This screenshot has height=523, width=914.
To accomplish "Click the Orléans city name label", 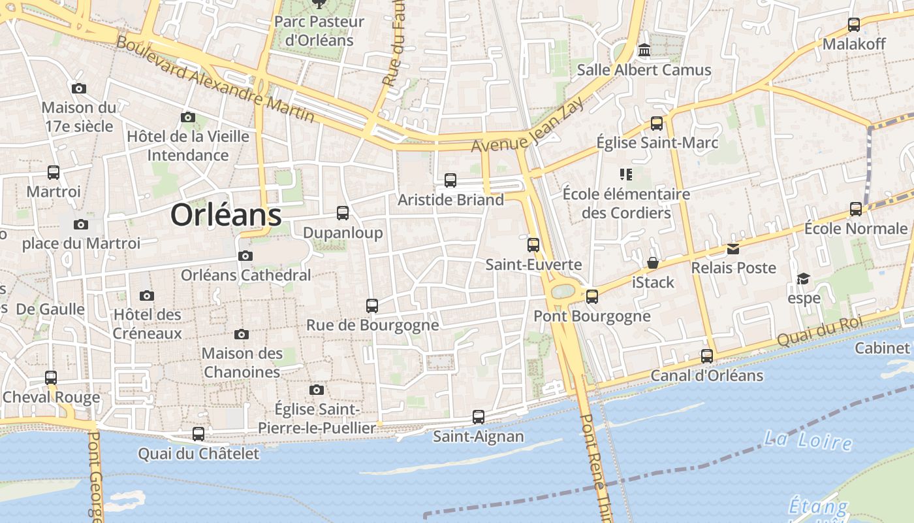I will pos(226,214).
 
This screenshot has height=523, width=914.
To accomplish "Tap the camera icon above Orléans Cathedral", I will pos(245,256).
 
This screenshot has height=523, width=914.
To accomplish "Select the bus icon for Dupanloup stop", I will pos(343,212).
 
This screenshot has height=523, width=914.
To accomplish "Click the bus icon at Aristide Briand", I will pos(450,180).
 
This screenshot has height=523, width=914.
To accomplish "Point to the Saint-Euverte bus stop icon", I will pos(533,245).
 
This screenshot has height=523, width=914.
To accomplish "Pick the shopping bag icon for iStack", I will pos(652,263).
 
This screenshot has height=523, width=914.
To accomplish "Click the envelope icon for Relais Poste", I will pos(733,248).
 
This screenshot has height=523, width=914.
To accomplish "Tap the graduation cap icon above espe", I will pos(803,279).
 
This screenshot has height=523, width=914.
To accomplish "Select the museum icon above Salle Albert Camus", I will pos(644,50).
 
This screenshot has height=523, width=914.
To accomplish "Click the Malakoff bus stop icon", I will pos(853,25).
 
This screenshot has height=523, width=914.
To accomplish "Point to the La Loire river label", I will pos(808,440).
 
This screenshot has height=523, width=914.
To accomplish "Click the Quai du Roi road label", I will pos(819,331).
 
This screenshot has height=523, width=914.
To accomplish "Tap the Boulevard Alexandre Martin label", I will pos(215,79).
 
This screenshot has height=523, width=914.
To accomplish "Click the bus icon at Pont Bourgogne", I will pos(592,296).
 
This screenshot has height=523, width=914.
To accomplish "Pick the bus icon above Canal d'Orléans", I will pos(707,356).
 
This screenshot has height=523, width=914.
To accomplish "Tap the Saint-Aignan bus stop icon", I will pos(479,416).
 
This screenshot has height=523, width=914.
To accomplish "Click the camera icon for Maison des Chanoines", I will pos(242,334).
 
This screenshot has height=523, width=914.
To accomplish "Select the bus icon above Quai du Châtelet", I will pos(198,433).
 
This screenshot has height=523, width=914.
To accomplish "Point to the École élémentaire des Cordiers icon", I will pos(626,174).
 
